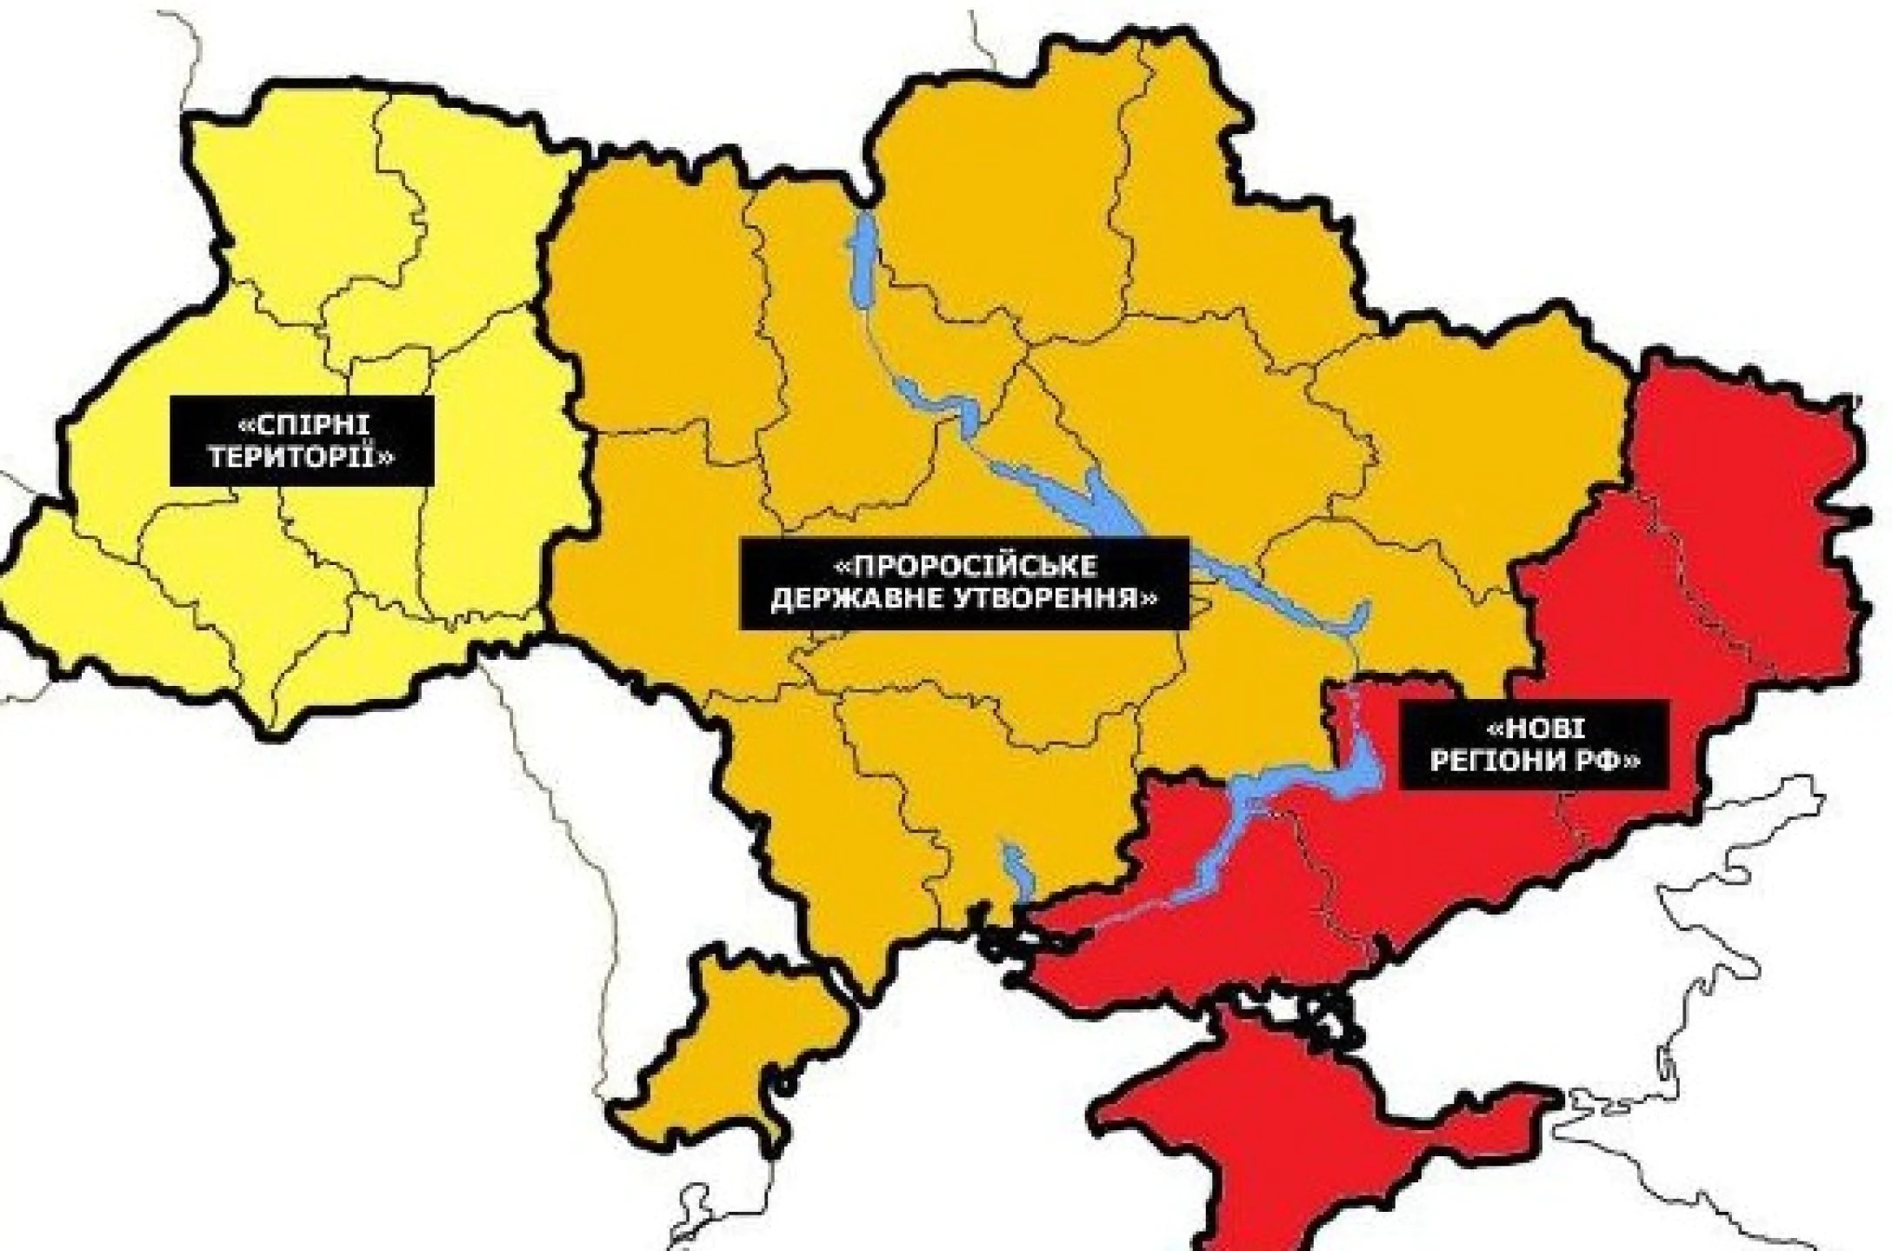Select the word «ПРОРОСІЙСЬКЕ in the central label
pyautogui.click(x=965, y=567)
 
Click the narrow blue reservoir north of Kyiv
pyautogui.click(x=864, y=261)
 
